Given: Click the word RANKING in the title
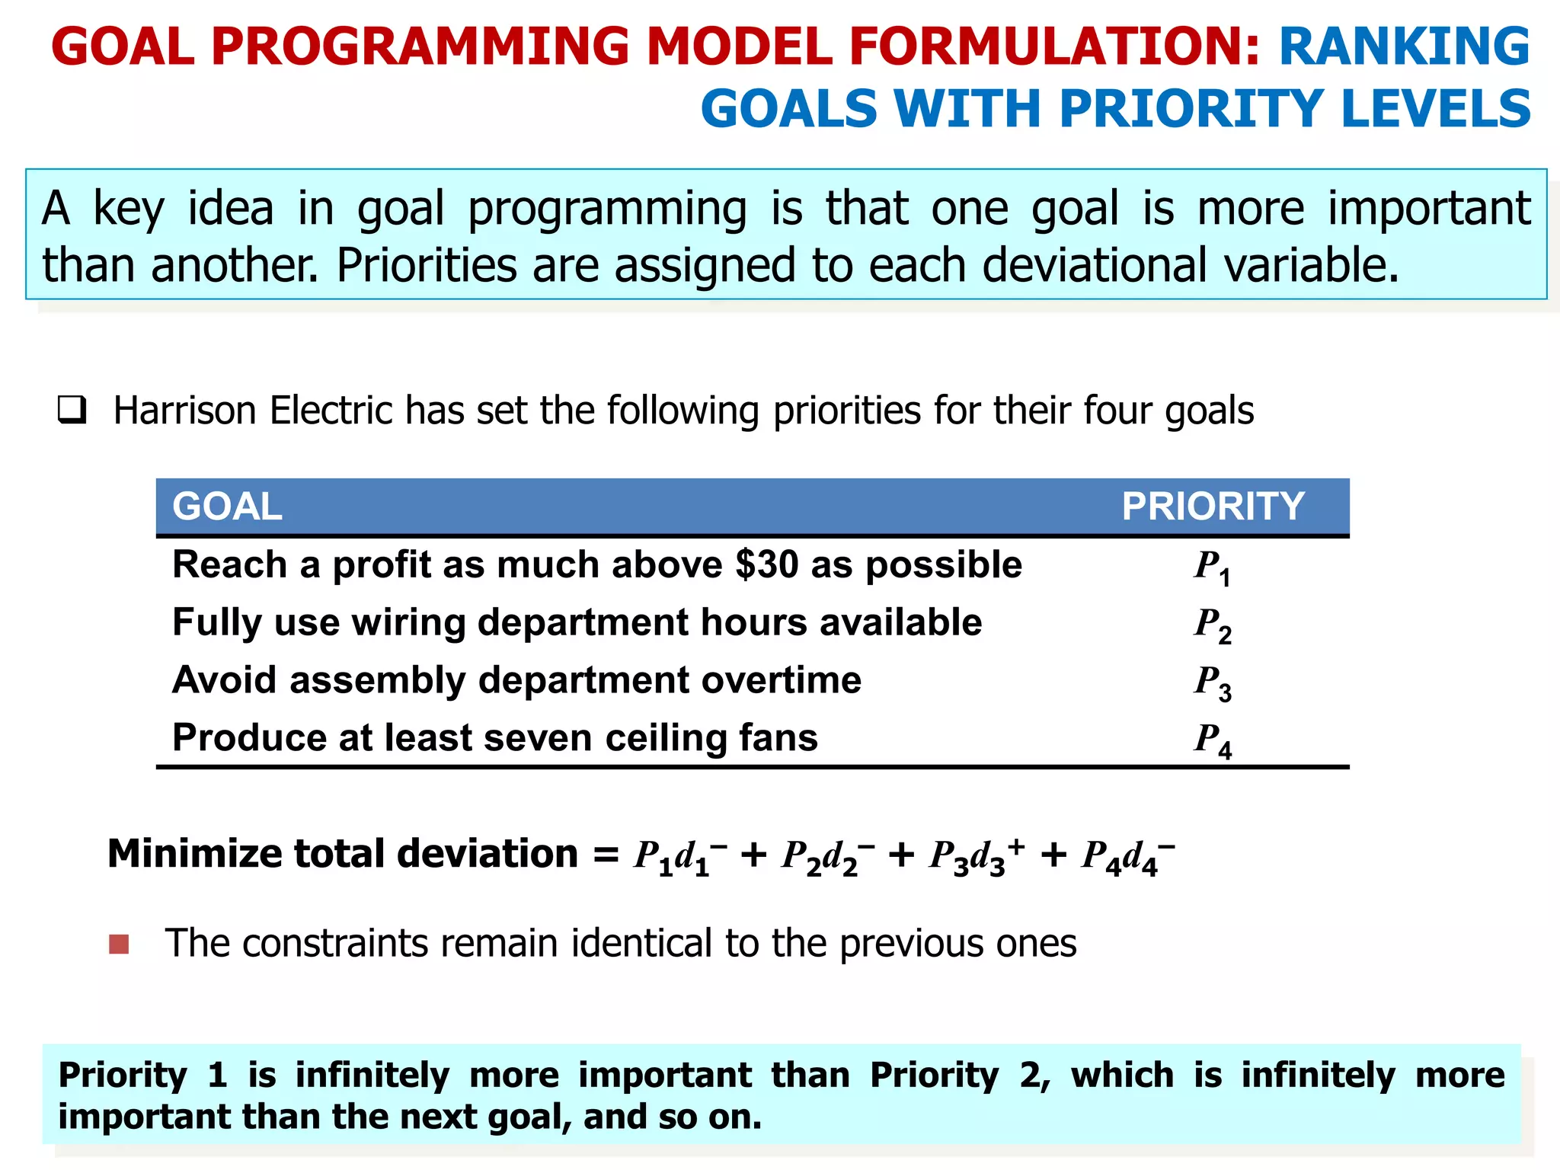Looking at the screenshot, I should point(1404,47).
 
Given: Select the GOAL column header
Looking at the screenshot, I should point(227,507).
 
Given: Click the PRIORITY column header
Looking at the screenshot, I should point(1213,507).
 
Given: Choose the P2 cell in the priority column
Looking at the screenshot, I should point(1212,625).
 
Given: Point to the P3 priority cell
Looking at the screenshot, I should point(1212,682).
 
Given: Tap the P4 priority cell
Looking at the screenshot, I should point(1212,740).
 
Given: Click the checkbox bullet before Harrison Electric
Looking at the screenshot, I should point(72,411).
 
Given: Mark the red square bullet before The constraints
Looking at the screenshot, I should point(119,945).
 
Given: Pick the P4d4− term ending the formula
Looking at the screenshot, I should point(1128,856).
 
